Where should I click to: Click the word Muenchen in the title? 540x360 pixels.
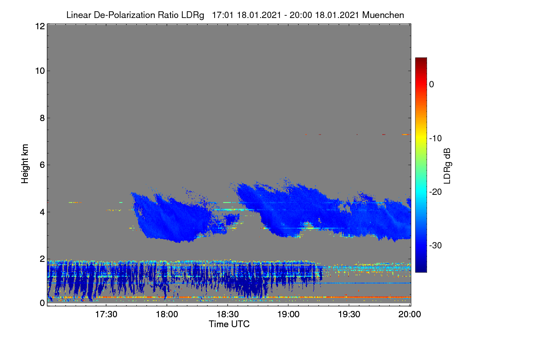pos(383,15)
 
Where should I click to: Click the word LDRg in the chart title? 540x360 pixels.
pos(193,15)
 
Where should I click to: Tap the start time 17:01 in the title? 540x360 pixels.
pos(222,15)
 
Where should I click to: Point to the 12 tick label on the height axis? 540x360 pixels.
pos(40,26)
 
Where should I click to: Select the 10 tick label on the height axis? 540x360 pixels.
pos(40,71)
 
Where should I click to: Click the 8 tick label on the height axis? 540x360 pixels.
pos(42,118)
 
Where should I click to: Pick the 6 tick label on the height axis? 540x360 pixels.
pos(42,165)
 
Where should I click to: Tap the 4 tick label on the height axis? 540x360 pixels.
pos(42,212)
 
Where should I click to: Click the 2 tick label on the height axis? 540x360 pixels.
pos(42,259)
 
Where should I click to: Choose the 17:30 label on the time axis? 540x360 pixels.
pos(106,315)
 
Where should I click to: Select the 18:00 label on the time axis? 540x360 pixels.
pos(167,315)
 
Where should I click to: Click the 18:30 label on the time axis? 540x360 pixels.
pos(228,315)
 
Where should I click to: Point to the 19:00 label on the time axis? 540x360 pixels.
pos(288,315)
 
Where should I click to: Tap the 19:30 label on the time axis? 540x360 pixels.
pos(349,315)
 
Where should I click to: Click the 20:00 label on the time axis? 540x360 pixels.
pos(409,315)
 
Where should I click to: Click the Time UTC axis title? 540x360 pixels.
pos(229,324)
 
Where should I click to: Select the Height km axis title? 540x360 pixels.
pos(25,164)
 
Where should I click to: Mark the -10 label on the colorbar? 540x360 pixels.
pos(436,139)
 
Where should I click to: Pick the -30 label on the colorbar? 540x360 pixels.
pos(436,245)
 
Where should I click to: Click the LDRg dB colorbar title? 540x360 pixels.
pos(447,166)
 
